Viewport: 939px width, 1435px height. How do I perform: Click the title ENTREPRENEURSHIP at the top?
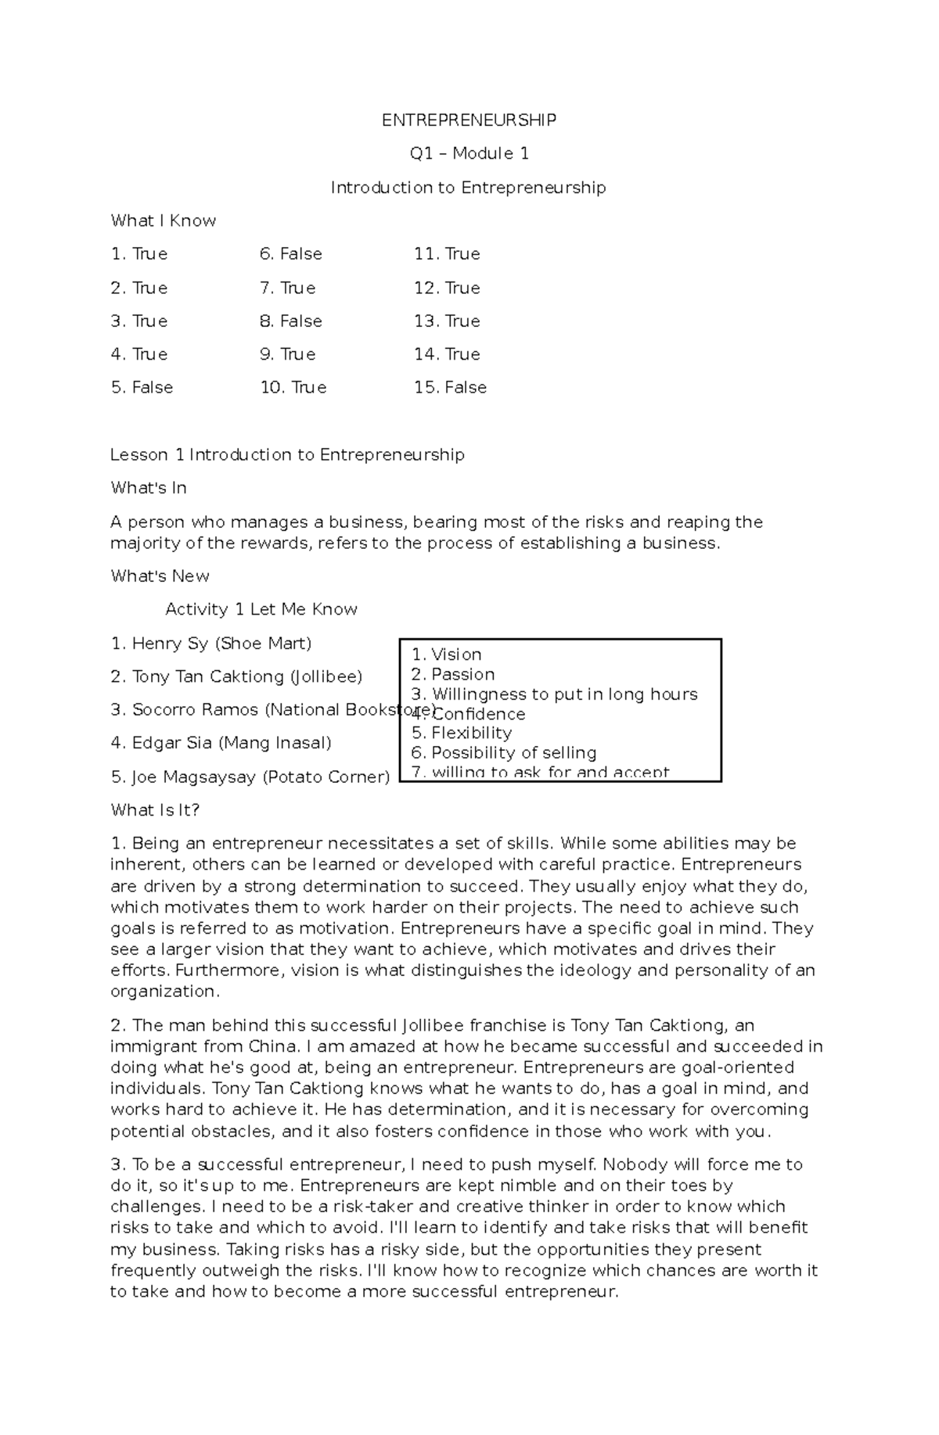[x=469, y=120]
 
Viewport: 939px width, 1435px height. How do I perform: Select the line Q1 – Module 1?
[x=469, y=154]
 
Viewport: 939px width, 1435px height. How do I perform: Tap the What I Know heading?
[x=163, y=221]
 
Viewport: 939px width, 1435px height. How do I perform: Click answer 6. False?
[x=290, y=254]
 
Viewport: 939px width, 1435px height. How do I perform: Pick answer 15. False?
[x=450, y=388]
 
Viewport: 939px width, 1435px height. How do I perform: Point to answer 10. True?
[x=293, y=388]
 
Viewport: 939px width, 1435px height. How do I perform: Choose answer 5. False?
[x=142, y=388]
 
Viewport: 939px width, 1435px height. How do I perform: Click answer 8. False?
[x=290, y=321]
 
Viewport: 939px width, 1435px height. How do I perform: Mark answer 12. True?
[x=447, y=289]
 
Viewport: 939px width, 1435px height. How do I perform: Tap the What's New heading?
[x=160, y=576]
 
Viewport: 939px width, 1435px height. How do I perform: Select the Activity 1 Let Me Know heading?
[x=261, y=610]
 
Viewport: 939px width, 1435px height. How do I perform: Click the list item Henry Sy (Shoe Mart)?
[x=211, y=644]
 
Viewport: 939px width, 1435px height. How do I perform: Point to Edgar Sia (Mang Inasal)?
[x=221, y=743]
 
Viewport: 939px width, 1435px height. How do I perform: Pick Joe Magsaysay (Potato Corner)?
[x=250, y=777]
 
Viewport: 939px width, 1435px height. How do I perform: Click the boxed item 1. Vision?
[x=446, y=655]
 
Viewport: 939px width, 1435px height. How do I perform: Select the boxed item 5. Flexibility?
[x=461, y=733]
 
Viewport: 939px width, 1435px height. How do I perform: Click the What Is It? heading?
[x=155, y=810]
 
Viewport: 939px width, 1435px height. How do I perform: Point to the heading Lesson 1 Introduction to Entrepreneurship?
[x=287, y=455]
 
